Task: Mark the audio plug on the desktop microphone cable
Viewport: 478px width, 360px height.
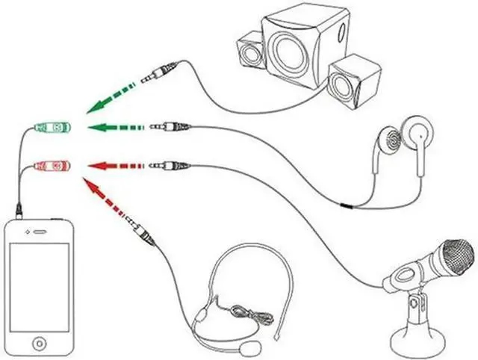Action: [169, 164]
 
